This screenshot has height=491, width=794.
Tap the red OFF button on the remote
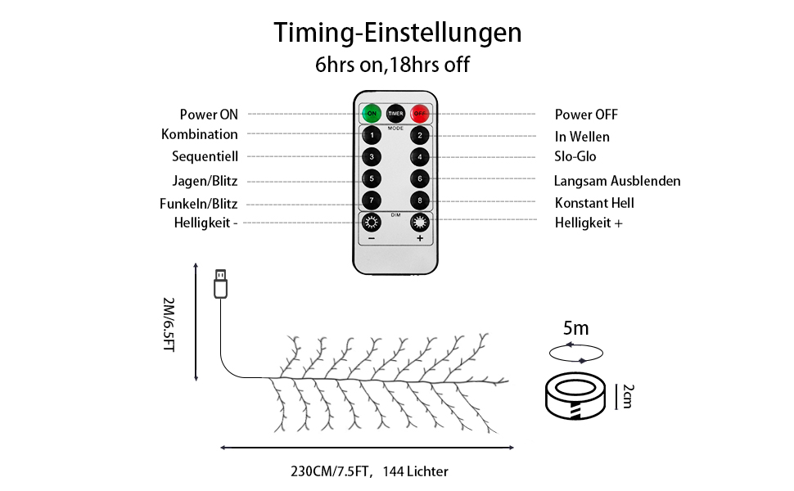[420, 114]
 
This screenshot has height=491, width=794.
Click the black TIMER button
[395, 114]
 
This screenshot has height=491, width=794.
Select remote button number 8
[420, 200]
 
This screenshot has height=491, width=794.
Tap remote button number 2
[420, 135]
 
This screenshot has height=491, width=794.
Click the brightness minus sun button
[372, 222]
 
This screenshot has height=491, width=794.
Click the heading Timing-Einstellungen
[398, 33]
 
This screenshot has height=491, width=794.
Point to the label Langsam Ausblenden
[616, 181]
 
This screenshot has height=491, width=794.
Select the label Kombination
[200, 134]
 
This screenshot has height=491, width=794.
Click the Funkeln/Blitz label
[198, 204]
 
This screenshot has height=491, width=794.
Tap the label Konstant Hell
[594, 203]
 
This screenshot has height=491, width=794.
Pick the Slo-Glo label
[575, 156]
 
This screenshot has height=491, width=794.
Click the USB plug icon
[220, 283]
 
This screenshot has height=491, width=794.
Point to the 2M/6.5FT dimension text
[169, 324]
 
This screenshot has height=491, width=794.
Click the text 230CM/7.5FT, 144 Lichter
[370, 471]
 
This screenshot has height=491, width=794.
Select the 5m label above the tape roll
[575, 328]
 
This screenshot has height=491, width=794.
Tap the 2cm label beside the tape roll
[628, 396]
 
